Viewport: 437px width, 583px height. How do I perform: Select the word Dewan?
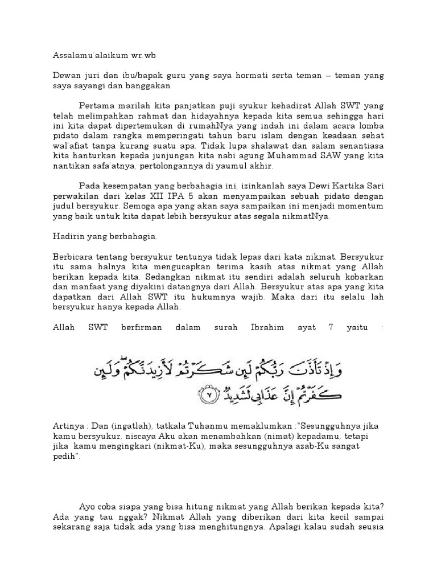pyautogui.click(x=66, y=75)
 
